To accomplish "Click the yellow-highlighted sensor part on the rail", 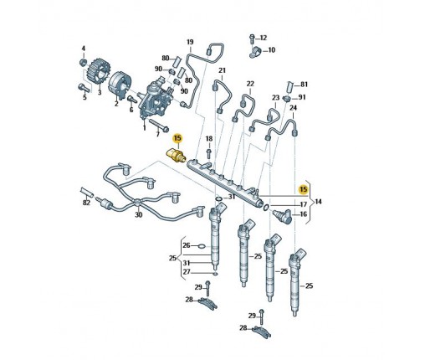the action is click(175, 155).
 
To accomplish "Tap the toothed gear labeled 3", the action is click(97, 71).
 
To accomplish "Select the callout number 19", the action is click(190, 42).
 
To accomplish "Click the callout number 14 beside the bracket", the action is click(318, 202).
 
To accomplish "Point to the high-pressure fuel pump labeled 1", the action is click(155, 99).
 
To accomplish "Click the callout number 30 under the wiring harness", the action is click(139, 214).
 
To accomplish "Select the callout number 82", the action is click(86, 203).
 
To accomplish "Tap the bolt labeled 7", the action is click(159, 125).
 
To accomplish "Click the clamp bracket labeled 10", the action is click(255, 52).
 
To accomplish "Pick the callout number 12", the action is click(264, 38).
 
